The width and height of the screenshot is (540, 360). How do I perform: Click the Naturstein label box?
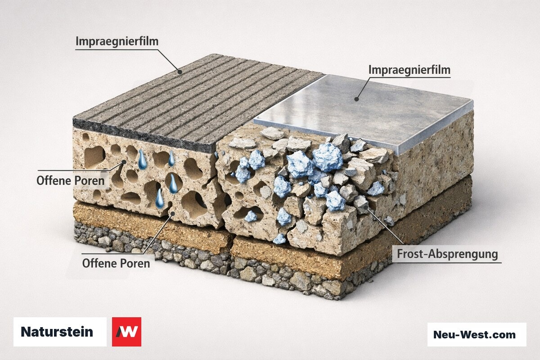[60, 332]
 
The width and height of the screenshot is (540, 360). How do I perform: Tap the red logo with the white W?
[126, 332]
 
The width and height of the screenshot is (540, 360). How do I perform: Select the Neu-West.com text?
[474, 335]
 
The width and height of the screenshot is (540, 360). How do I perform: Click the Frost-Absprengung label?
[447, 254]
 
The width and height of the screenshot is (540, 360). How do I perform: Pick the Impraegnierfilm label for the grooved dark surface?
[117, 41]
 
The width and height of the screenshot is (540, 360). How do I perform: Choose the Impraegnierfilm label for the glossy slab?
[409, 70]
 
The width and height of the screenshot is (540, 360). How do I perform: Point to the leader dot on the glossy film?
[356, 99]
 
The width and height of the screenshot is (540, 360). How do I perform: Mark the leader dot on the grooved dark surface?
[180, 72]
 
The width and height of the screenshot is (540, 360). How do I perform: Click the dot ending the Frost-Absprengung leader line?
[366, 207]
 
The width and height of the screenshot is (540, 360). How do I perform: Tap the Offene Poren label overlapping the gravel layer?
[116, 263]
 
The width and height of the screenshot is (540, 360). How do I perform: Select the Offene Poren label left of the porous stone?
[70, 180]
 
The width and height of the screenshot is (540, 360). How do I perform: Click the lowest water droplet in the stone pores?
[159, 199]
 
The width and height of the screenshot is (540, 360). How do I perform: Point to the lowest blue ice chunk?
[279, 238]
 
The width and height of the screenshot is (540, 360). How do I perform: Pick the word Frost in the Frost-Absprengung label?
[411, 254]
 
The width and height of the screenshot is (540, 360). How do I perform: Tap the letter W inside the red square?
[127, 332]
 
